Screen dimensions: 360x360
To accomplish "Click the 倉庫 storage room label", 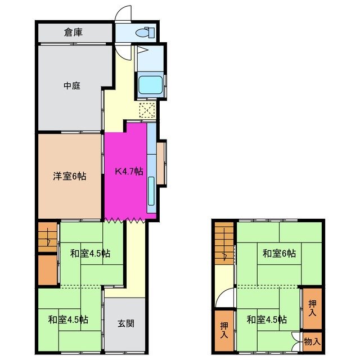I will [73, 33].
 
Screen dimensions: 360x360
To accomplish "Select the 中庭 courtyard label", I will [72, 86].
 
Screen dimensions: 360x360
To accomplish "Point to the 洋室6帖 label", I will [70, 176].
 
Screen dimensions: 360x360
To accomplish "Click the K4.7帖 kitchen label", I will [128, 171].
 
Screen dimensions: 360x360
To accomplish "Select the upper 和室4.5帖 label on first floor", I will [91, 253].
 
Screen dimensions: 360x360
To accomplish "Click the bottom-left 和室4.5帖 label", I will [67, 319].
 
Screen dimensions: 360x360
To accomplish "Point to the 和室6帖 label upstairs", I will [278, 254].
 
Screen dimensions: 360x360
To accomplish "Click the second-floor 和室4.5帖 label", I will [267, 319].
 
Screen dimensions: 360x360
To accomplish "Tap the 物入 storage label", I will [312, 341].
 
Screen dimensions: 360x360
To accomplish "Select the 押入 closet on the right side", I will [312, 308].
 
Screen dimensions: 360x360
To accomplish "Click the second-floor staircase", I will [224, 242].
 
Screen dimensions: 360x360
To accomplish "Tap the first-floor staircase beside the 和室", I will [47, 236].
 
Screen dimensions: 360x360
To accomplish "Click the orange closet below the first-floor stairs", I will [47, 270].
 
